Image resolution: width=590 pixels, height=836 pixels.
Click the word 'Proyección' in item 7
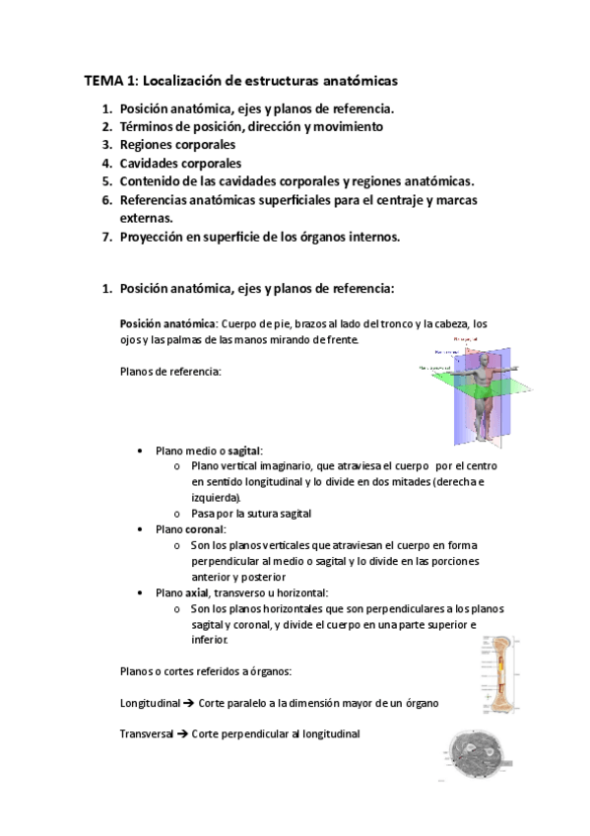pos(153,237)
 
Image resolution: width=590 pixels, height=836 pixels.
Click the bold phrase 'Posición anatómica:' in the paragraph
pos(168,323)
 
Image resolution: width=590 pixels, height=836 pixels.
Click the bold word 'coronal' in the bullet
pos(206,529)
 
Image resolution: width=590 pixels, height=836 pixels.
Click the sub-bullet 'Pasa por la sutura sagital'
pos(252,514)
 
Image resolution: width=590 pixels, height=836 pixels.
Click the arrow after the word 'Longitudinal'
pos(187,704)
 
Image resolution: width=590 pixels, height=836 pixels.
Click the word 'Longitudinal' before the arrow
pos(149,704)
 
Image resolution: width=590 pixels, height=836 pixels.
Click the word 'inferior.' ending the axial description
pos(210,640)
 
